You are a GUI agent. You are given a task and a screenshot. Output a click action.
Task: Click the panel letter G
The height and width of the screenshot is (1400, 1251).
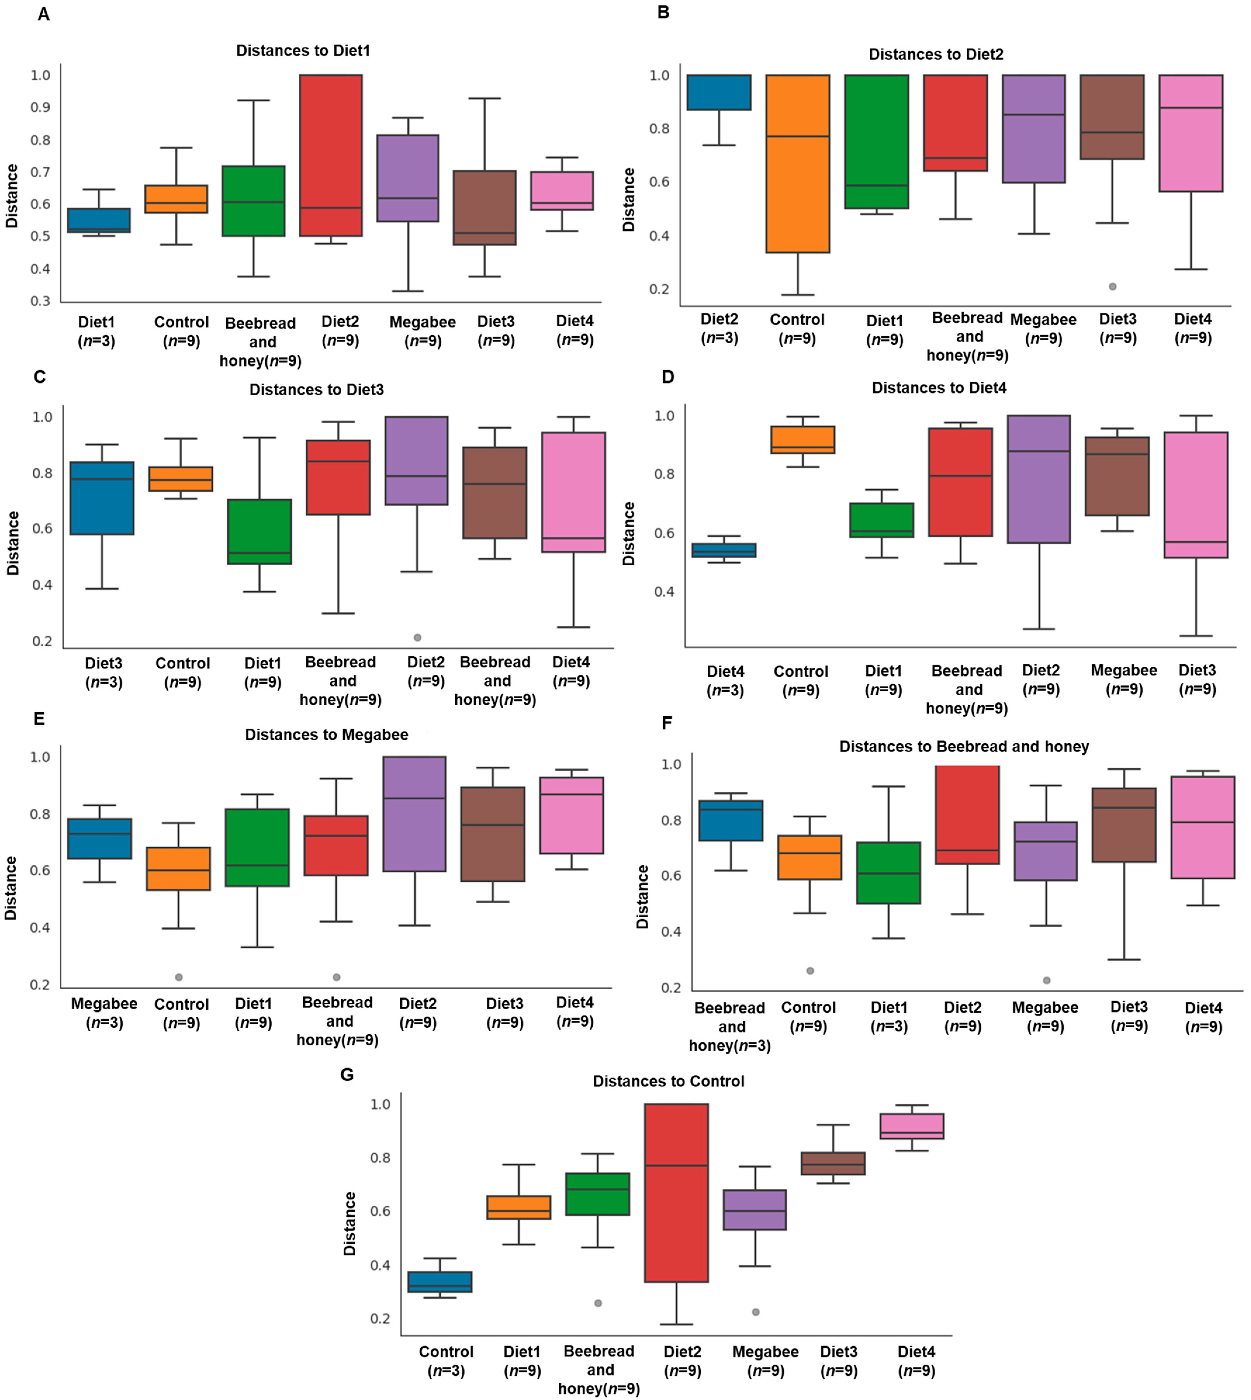click(x=347, y=1074)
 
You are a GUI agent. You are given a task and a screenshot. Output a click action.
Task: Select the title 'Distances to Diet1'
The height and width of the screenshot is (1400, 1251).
click(x=303, y=51)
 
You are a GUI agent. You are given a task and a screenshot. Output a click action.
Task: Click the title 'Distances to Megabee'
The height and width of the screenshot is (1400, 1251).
click(x=326, y=735)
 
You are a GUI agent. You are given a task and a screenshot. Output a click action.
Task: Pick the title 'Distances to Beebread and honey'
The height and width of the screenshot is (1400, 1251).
click(x=964, y=746)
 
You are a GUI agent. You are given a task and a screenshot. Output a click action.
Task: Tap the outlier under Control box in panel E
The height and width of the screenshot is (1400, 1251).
click(x=179, y=977)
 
